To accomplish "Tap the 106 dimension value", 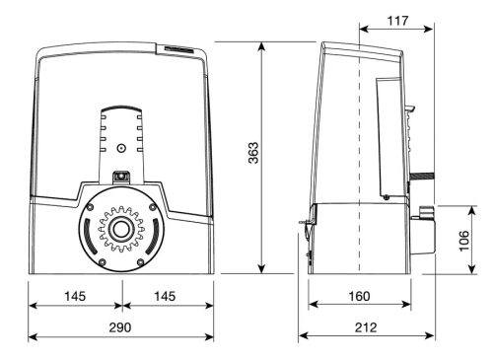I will pyautogui.click(x=464, y=240).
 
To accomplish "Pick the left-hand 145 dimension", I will pyautogui.click(x=75, y=295).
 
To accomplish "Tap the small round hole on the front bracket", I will pyautogui.click(x=119, y=149).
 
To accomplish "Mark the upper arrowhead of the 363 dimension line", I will pyautogui.click(x=262, y=46).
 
